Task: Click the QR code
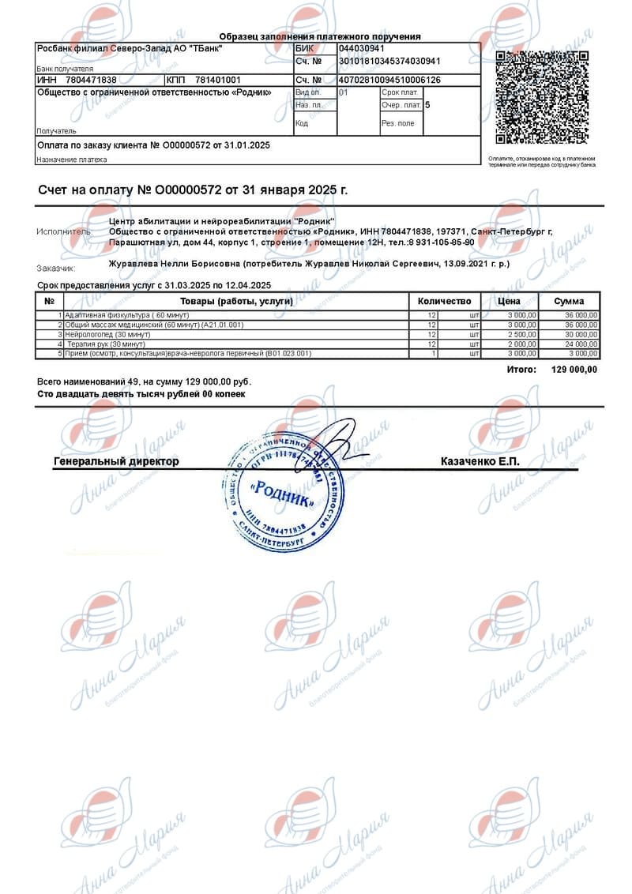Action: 542,97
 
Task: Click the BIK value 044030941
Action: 361,49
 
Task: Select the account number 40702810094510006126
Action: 389,81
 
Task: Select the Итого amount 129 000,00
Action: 574,370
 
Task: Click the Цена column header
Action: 510,301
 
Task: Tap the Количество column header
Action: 444,301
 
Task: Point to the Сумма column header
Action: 569,301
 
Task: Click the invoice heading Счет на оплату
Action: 193,190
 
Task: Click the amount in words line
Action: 142,393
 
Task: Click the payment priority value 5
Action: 427,104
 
